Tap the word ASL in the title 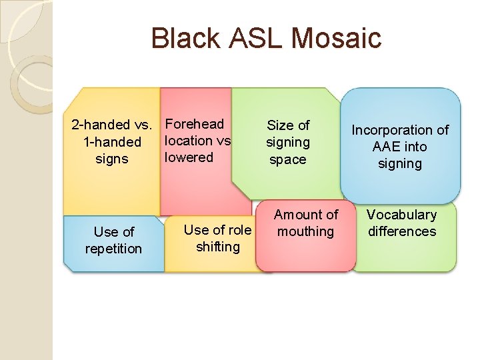253,38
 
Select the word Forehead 195,124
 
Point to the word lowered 189,157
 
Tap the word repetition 113,249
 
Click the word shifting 217,247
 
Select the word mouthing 306,231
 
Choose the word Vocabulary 401,215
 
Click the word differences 401,231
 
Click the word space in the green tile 287,159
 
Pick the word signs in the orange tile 112,159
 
